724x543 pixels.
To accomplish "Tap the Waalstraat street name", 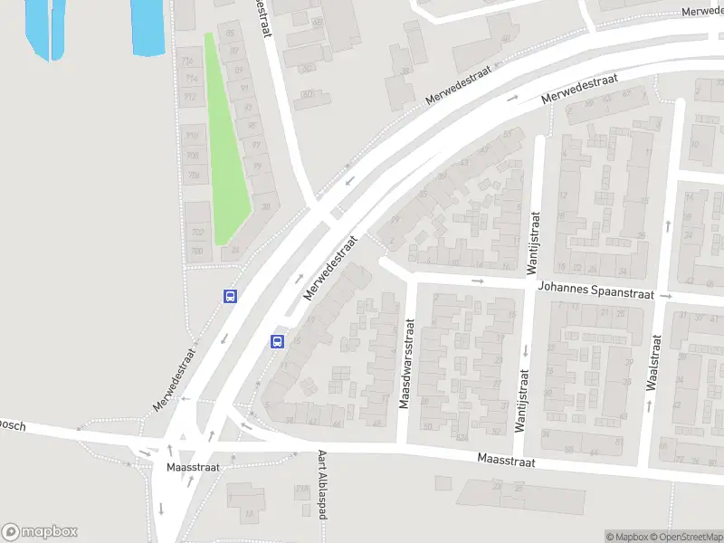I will point(653,362).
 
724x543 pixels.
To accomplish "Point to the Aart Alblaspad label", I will point(321,485).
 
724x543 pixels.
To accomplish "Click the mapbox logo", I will point(40,532).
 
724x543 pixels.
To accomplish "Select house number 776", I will point(189,62).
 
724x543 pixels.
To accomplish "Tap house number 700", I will point(196,252).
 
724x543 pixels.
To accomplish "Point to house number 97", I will point(256,145).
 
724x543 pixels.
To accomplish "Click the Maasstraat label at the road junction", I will point(193,467).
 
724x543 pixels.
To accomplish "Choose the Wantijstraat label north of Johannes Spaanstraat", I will point(534,242).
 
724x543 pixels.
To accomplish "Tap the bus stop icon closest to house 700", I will point(231,296).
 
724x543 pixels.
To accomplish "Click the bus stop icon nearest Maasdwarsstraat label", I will point(277,341).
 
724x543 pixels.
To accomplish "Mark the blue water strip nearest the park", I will point(148,25).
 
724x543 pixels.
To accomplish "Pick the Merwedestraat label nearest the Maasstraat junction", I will point(175,379).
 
